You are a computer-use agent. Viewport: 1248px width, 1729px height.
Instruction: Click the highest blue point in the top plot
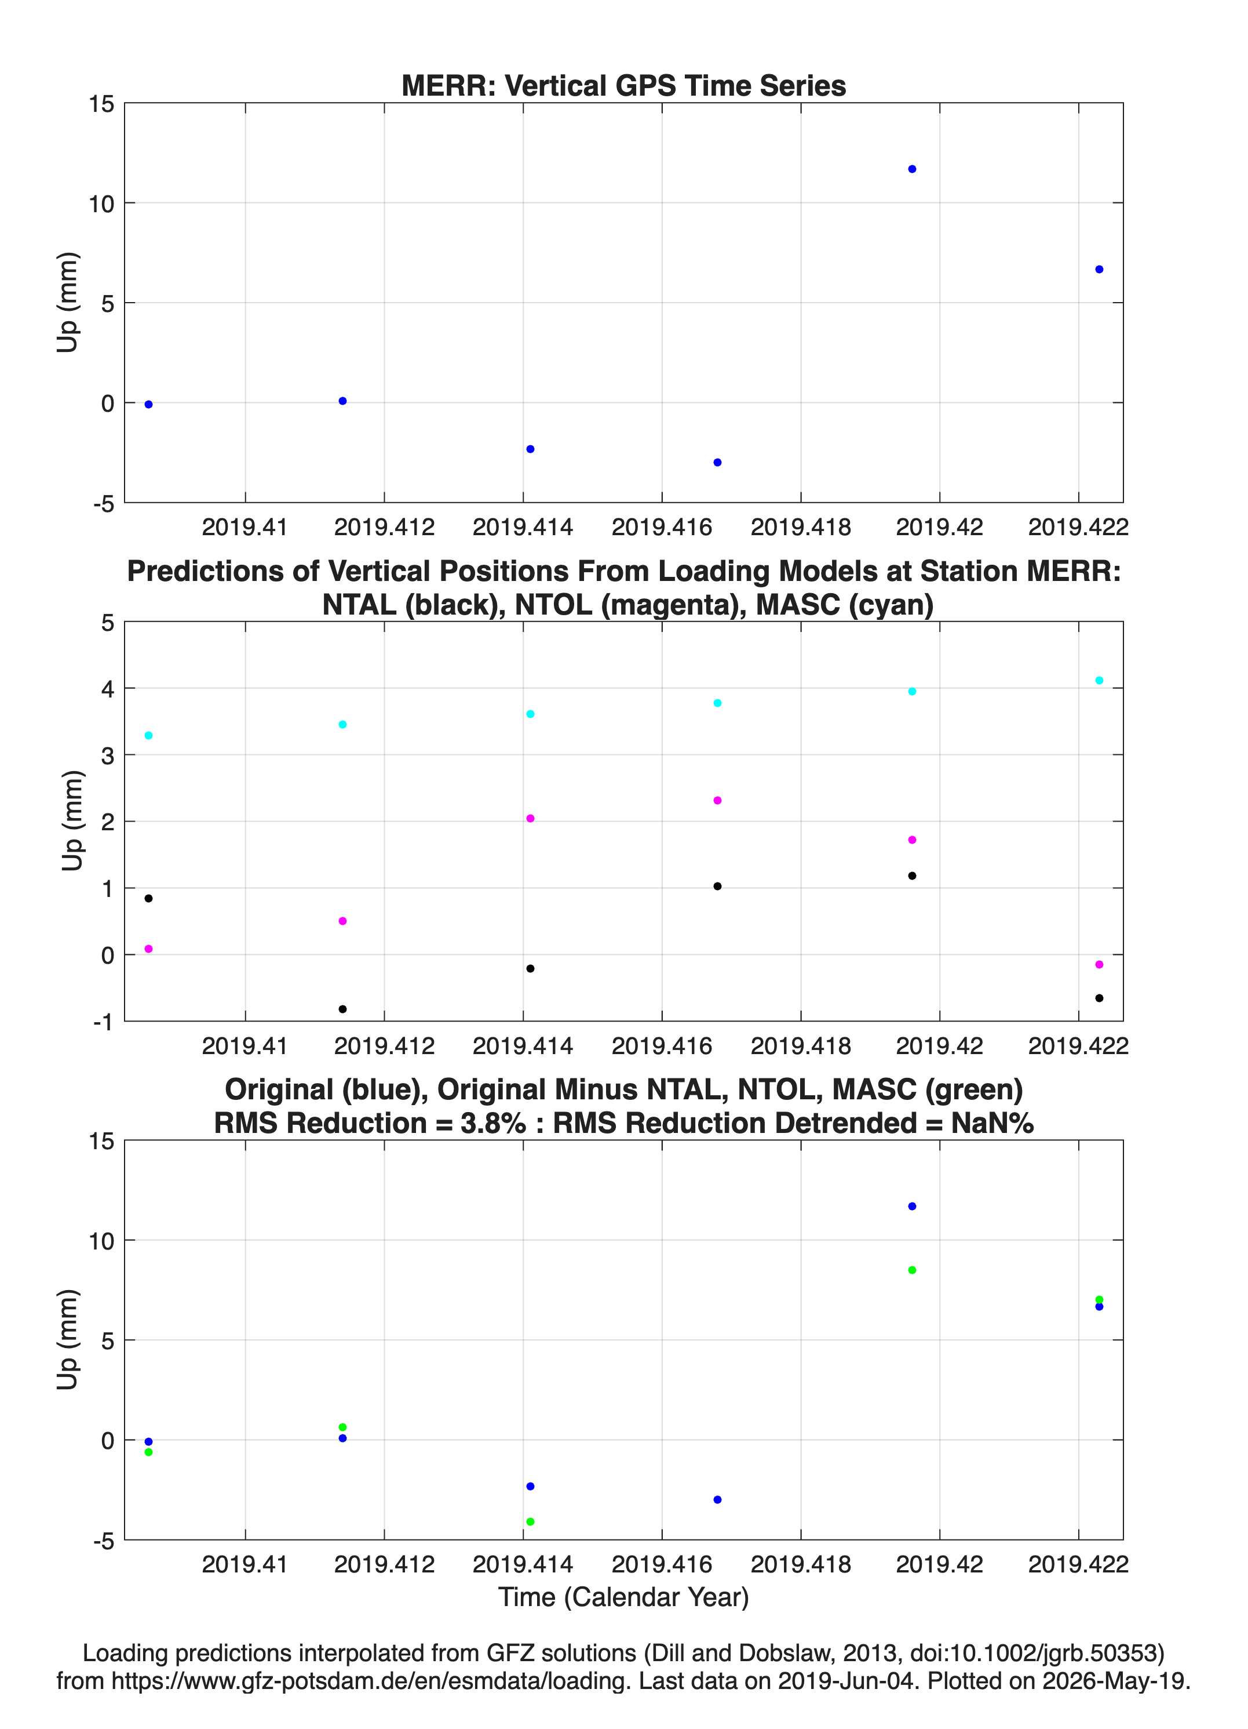(912, 169)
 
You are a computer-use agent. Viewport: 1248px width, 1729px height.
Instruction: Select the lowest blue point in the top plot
(717, 463)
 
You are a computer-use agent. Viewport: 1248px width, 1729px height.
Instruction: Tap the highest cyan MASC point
(1099, 681)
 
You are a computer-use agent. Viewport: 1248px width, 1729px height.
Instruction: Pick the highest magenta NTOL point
(717, 801)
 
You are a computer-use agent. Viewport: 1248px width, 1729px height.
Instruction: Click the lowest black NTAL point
(342, 1009)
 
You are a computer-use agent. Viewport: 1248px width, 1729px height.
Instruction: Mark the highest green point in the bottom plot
(912, 1270)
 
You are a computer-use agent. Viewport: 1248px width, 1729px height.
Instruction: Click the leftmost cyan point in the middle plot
(148, 736)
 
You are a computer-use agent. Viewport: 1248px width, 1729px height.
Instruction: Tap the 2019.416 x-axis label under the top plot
(661, 527)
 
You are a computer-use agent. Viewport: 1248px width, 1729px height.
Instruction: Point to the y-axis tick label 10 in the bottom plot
(101, 1241)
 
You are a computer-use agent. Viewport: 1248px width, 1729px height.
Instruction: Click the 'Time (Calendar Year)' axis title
(623, 1597)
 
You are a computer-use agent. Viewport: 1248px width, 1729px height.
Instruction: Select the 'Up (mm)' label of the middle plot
(72, 821)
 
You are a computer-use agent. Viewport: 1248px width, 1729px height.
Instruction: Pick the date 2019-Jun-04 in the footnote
(846, 1680)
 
